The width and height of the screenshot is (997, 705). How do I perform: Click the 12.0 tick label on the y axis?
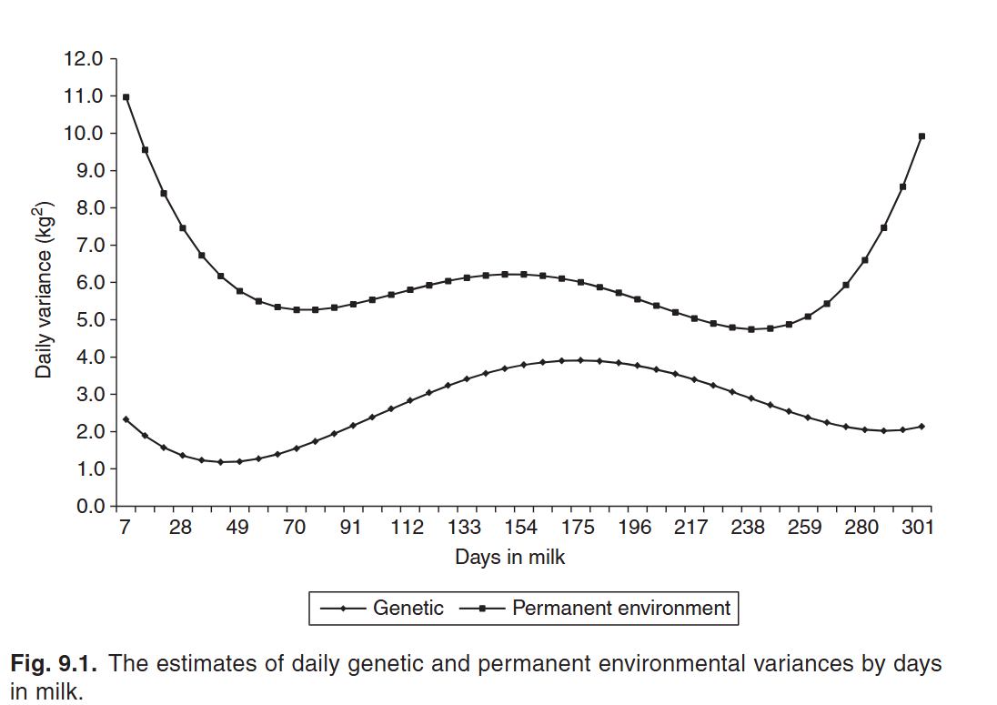tap(85, 59)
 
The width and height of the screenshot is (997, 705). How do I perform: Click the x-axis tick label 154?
tap(521, 529)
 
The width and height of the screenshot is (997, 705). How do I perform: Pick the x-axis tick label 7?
tap(125, 529)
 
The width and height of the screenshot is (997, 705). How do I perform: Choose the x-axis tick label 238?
tap(748, 529)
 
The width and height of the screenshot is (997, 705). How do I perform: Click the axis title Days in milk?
tap(509, 558)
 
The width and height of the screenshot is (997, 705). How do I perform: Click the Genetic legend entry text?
tap(408, 609)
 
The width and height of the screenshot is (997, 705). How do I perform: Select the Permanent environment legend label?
tap(621, 609)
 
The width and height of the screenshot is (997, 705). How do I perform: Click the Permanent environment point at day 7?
tap(126, 97)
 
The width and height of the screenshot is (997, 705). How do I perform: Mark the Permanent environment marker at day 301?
tap(921, 136)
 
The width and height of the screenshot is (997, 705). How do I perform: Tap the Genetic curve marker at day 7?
tap(126, 419)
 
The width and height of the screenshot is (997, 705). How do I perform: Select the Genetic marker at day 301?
tap(921, 427)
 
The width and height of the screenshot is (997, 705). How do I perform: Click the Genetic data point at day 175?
tap(580, 360)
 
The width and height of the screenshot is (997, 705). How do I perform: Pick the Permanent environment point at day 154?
tap(524, 274)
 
